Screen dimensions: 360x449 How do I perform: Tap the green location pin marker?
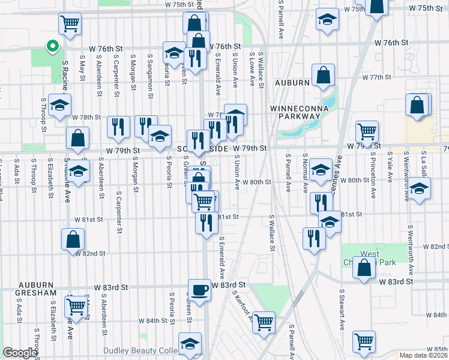coord(52,44)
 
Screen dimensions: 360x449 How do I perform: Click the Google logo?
coord(20,352)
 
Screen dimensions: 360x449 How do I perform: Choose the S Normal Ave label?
coord(306,171)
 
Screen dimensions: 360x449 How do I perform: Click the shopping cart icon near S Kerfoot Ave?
coord(264,322)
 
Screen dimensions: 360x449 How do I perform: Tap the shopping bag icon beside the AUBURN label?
coord(323,75)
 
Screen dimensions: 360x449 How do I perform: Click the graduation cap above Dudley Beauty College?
coord(190,344)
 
